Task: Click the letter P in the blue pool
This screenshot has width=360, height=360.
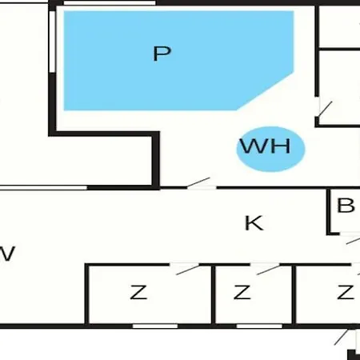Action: tap(162, 54)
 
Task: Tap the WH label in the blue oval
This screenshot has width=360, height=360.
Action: tap(266, 146)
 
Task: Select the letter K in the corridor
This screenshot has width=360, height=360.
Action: tap(254, 223)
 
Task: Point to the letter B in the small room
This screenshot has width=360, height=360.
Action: tap(346, 206)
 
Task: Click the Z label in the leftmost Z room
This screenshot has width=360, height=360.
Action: tap(138, 292)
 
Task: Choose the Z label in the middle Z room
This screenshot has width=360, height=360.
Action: tap(242, 292)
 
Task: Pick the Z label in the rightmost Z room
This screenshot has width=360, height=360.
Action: tap(346, 292)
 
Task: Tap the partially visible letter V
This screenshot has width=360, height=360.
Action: tap(7, 254)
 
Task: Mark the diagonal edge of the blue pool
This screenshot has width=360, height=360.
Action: tap(266, 91)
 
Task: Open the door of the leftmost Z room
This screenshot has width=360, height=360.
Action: tap(188, 270)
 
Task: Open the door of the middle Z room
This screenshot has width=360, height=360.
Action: tap(269, 270)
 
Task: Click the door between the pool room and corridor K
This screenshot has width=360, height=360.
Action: tap(198, 182)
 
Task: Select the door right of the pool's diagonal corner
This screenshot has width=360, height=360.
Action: tap(326, 109)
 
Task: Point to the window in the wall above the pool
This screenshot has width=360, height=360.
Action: tap(110, 3)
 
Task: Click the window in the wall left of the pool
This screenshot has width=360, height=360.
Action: tap(52, 42)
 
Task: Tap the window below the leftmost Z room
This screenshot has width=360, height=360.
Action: tap(155, 326)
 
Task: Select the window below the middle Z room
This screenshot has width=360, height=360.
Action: tap(259, 326)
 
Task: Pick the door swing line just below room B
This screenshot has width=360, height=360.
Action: tap(353, 241)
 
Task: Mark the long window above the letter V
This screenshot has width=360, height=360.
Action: tap(43, 188)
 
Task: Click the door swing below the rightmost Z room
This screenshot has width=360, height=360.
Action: tap(341, 338)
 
